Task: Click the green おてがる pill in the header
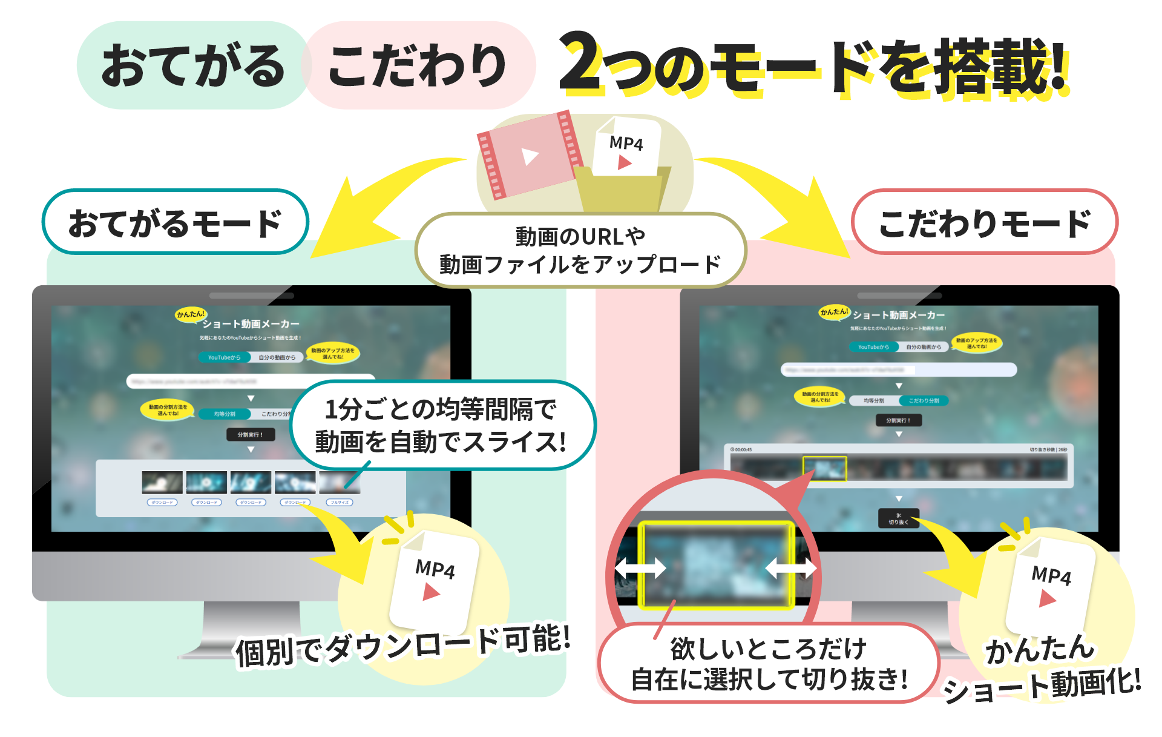point(192,65)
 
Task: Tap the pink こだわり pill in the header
point(418,65)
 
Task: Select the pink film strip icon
point(530,156)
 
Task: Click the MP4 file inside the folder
point(626,148)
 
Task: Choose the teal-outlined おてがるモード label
point(175,222)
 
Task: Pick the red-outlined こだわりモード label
point(984,222)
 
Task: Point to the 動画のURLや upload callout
point(580,250)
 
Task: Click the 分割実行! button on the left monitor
point(250,435)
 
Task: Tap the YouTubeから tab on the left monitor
point(224,357)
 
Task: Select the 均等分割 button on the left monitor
point(225,414)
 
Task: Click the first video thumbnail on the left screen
point(162,483)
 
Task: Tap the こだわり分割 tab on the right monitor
point(924,401)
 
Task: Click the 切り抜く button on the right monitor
point(898,519)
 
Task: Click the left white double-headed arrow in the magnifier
point(640,568)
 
